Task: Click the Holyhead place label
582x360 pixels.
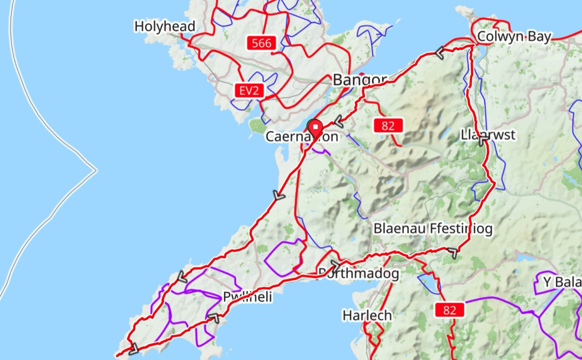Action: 165,26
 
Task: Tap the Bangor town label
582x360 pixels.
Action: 360,80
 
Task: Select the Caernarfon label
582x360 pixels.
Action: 301,137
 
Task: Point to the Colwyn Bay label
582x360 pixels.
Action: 514,37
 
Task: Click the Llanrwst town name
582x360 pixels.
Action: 488,135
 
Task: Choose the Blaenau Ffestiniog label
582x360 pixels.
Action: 433,229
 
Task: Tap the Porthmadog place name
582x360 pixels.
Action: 358,274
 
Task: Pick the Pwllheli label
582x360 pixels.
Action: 247,297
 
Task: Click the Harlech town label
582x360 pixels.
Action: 367,315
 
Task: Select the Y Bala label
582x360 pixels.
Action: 561,282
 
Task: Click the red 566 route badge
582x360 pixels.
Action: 262,43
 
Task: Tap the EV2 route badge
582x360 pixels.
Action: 248,90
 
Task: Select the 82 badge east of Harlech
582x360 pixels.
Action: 450,310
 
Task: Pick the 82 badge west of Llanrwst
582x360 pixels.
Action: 388,126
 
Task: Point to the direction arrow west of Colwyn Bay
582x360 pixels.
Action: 440,53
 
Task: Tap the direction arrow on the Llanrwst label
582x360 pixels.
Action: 484,141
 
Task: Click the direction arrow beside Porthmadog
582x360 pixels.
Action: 335,265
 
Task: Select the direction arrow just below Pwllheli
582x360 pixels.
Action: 214,318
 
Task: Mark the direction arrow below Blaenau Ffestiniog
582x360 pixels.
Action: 452,253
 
